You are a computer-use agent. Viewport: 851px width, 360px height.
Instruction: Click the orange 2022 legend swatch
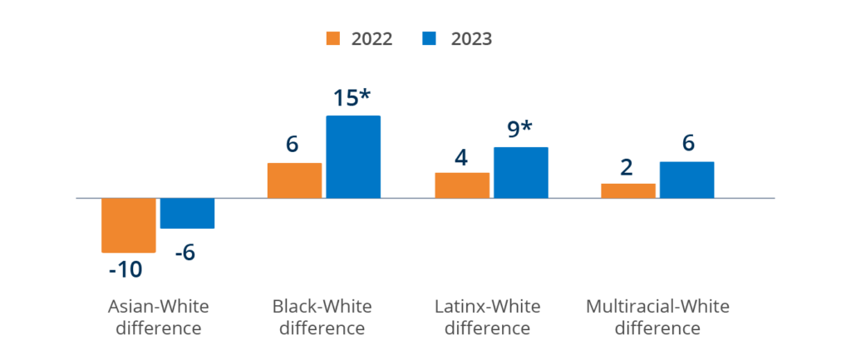click(334, 38)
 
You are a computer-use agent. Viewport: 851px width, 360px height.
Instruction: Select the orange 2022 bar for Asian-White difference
click(129, 225)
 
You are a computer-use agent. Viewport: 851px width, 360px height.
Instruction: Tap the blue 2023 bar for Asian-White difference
click(187, 214)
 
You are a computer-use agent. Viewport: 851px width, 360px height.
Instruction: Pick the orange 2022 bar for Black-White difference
click(294, 180)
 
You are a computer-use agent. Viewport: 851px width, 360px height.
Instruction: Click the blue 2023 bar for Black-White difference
click(353, 156)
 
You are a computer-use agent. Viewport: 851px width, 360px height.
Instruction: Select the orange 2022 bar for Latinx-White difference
click(462, 185)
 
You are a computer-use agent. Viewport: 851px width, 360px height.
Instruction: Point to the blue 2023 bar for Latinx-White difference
click(520, 172)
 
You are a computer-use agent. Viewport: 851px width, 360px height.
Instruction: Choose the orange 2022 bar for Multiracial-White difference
click(628, 190)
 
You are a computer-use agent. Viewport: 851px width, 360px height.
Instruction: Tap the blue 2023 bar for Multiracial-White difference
click(686, 180)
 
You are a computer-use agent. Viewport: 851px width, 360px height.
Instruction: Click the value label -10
click(125, 269)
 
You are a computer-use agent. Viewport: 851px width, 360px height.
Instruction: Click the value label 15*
click(357, 98)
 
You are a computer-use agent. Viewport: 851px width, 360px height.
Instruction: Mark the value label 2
click(627, 166)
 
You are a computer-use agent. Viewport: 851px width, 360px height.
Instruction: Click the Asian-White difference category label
click(159, 317)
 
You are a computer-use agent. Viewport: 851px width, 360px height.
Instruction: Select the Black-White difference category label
click(322, 317)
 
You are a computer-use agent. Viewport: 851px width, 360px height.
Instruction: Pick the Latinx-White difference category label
click(488, 317)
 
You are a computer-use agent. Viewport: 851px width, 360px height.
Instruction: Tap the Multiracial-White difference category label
click(658, 317)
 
